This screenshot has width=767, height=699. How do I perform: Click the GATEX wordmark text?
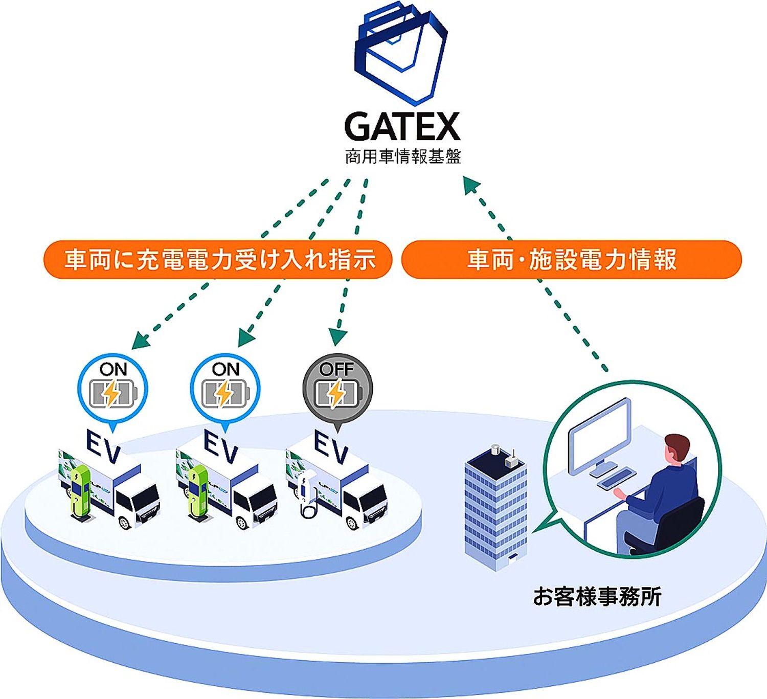(x=402, y=126)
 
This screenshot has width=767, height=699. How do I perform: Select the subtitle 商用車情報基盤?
(x=403, y=157)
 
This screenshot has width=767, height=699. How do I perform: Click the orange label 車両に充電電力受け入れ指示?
(x=218, y=259)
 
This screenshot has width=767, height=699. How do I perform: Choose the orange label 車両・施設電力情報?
(x=572, y=259)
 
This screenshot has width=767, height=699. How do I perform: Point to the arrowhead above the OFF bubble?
(x=337, y=336)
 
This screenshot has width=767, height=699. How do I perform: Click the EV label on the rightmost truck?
(x=331, y=446)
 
